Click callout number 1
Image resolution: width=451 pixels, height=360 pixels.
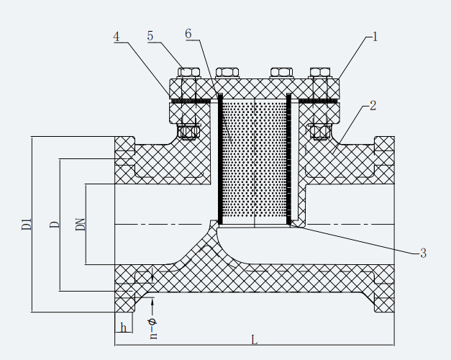click(375, 36)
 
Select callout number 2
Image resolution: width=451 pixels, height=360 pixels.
click(373, 105)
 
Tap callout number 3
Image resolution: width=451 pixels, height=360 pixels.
click(423, 253)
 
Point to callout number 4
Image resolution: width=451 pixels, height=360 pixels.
click(117, 37)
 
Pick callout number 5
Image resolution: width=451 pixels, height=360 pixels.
click(150, 37)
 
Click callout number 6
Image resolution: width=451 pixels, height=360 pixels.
click(188, 35)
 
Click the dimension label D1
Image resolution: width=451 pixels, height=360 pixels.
click(27, 224)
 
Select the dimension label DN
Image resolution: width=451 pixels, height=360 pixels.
click(81, 224)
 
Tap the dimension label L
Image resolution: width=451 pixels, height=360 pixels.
click(254, 340)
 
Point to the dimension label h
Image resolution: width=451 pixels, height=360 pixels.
click(124, 328)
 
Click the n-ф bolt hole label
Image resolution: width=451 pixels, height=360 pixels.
click(152, 328)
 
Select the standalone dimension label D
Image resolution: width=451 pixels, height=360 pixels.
click(54, 225)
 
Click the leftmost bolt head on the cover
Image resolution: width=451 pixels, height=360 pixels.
click(188, 73)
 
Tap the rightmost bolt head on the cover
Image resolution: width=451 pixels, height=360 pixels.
click(319, 73)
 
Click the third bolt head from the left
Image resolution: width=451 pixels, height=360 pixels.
click(281, 73)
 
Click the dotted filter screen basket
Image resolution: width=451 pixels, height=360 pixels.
click(254, 158)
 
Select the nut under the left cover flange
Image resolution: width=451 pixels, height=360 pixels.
click(188, 132)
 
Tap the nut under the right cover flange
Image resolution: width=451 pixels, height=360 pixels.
click(319, 132)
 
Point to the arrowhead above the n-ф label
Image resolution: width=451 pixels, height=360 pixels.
click(152, 304)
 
